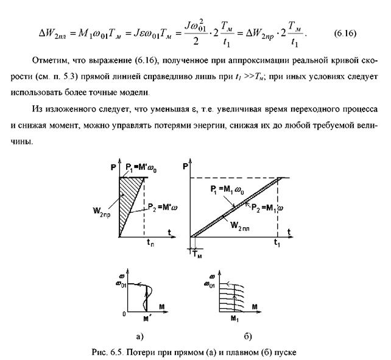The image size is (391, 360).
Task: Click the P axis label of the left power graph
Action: click(x=113, y=165)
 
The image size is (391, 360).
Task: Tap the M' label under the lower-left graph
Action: click(x=146, y=318)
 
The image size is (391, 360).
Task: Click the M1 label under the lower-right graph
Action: click(x=223, y=318)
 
